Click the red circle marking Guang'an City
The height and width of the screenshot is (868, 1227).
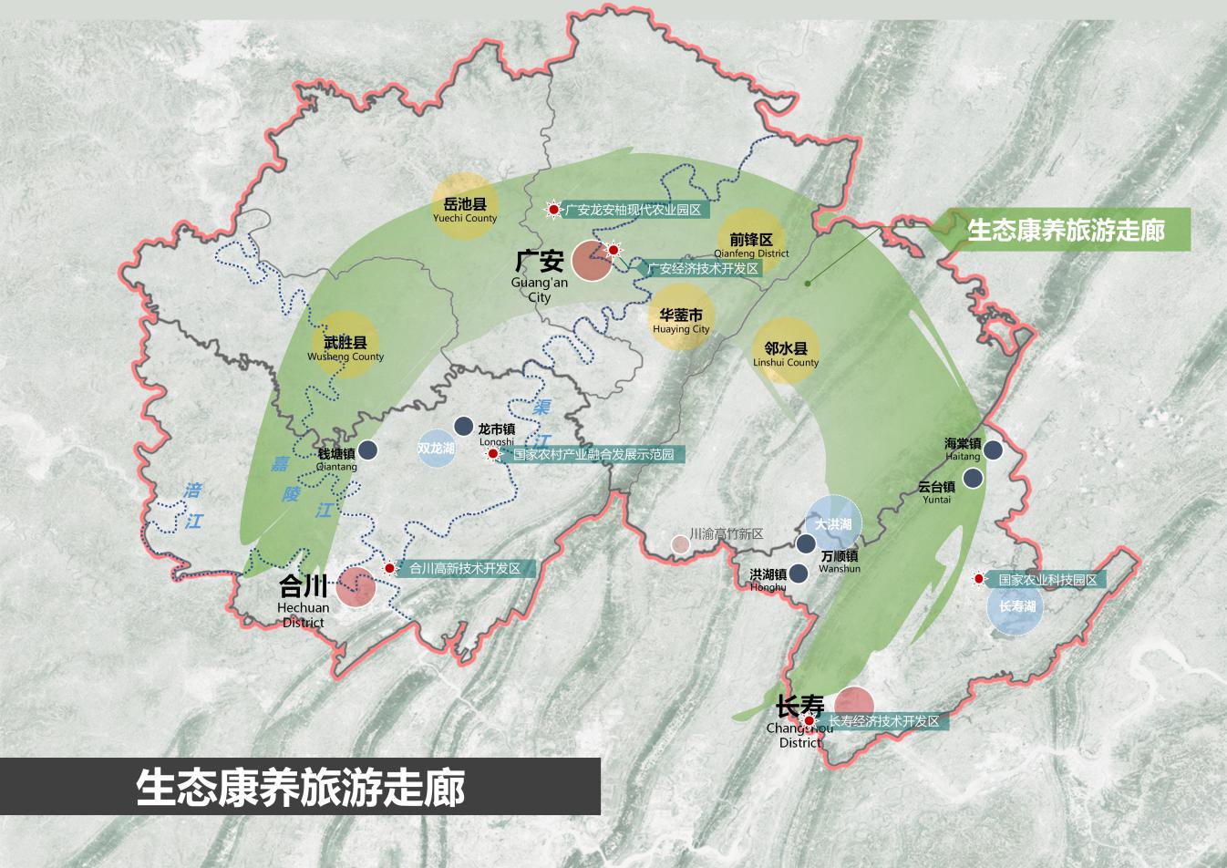592,261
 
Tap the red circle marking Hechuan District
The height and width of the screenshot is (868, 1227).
356,587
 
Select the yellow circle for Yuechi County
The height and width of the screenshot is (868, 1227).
465,205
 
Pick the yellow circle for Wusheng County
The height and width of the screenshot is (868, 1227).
345,346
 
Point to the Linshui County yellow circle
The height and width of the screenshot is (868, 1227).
786,350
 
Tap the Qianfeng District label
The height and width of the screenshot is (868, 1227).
751,244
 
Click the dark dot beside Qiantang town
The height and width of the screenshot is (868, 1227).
368,450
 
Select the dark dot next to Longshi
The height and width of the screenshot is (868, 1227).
463,427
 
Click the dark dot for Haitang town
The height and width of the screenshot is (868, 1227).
993,449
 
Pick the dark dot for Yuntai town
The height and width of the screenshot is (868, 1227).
974,478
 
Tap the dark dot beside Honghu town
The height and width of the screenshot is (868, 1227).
799,573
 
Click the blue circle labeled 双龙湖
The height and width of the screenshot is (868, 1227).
437,449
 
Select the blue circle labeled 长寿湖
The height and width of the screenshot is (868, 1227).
1016,606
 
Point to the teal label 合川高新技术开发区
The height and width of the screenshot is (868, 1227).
464,568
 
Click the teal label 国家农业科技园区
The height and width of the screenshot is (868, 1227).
1047,580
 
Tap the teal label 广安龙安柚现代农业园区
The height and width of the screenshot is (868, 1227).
636,210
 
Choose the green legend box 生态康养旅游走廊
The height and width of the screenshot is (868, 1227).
1065,230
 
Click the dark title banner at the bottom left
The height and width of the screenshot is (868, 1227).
300,787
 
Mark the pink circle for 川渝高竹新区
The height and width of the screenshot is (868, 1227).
680,544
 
